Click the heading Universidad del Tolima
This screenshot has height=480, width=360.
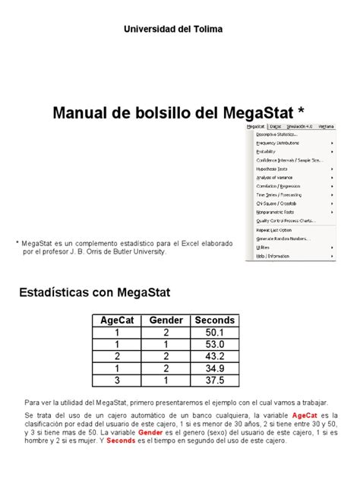tap(179, 30)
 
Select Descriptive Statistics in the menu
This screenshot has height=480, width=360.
tap(278, 134)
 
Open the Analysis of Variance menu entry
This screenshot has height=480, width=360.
tap(276, 177)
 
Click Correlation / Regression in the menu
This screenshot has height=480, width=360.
tap(280, 185)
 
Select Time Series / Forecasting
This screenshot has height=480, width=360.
tap(280, 194)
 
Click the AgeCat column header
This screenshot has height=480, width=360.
tap(118, 320)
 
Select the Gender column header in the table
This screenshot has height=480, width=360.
tap(166, 320)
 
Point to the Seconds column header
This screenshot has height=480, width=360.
tap(215, 320)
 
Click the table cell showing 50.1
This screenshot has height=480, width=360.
tap(215, 333)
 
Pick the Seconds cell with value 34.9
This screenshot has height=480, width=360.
tap(215, 368)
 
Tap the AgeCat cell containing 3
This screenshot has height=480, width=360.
tap(118, 380)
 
